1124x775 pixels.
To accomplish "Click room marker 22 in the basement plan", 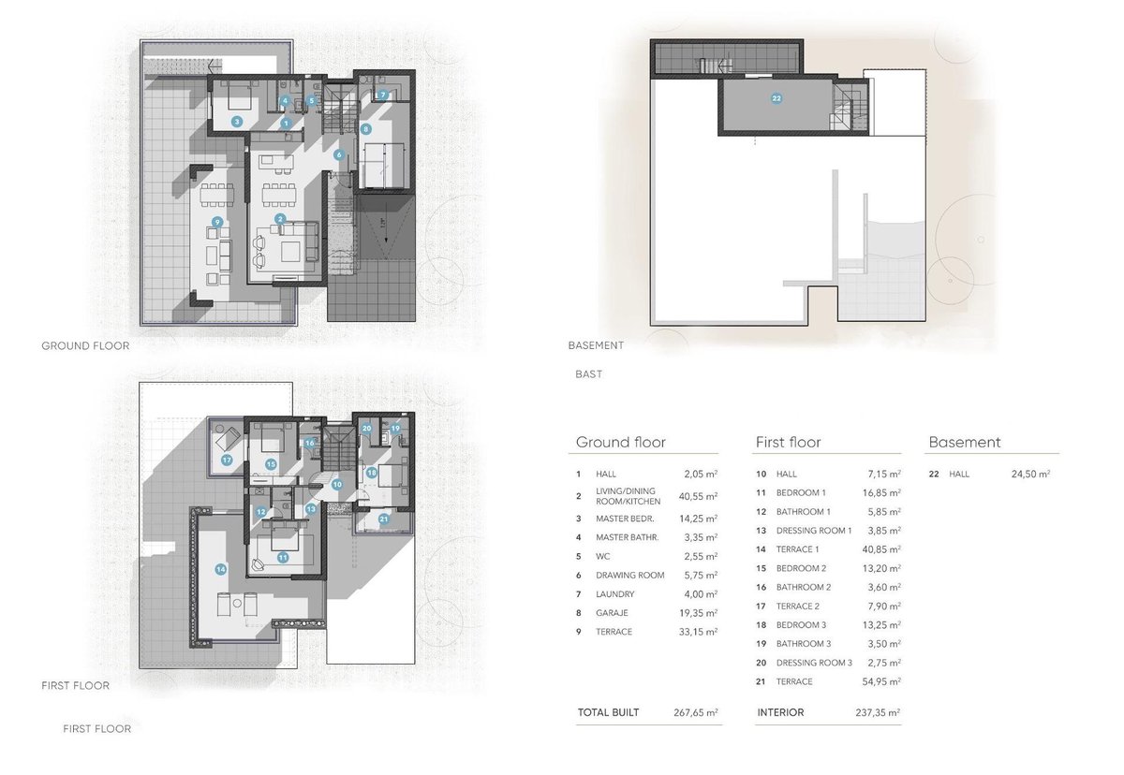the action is tap(776, 98).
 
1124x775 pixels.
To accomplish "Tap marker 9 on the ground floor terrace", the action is tap(217, 222).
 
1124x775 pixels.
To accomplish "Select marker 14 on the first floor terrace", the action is tap(220, 569).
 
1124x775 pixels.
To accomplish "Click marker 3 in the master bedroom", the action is tap(237, 122).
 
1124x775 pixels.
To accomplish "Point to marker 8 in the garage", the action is tap(366, 129).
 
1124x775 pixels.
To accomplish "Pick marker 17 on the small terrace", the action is tap(227, 460).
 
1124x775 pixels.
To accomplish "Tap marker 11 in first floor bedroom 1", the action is tap(283, 558).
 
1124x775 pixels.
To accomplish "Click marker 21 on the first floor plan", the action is tap(384, 519).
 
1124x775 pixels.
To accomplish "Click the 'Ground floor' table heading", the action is tap(621, 442).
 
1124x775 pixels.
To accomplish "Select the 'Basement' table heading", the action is tap(965, 442).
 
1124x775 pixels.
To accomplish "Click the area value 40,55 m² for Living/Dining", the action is tap(698, 496).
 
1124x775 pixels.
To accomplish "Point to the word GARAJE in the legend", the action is tap(612, 613).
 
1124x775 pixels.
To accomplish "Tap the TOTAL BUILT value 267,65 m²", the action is tap(695, 712).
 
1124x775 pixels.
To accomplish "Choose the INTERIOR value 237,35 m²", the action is tap(878, 712).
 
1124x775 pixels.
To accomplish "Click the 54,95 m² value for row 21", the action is tap(881, 681).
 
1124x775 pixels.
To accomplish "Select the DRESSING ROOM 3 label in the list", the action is tap(814, 663).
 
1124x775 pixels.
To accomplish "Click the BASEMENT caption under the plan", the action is tap(596, 345).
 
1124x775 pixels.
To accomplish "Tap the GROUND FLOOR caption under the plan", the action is tap(85, 346).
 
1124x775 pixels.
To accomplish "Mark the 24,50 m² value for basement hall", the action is tap(1030, 474).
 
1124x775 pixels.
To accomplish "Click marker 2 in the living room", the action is tap(280, 219).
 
